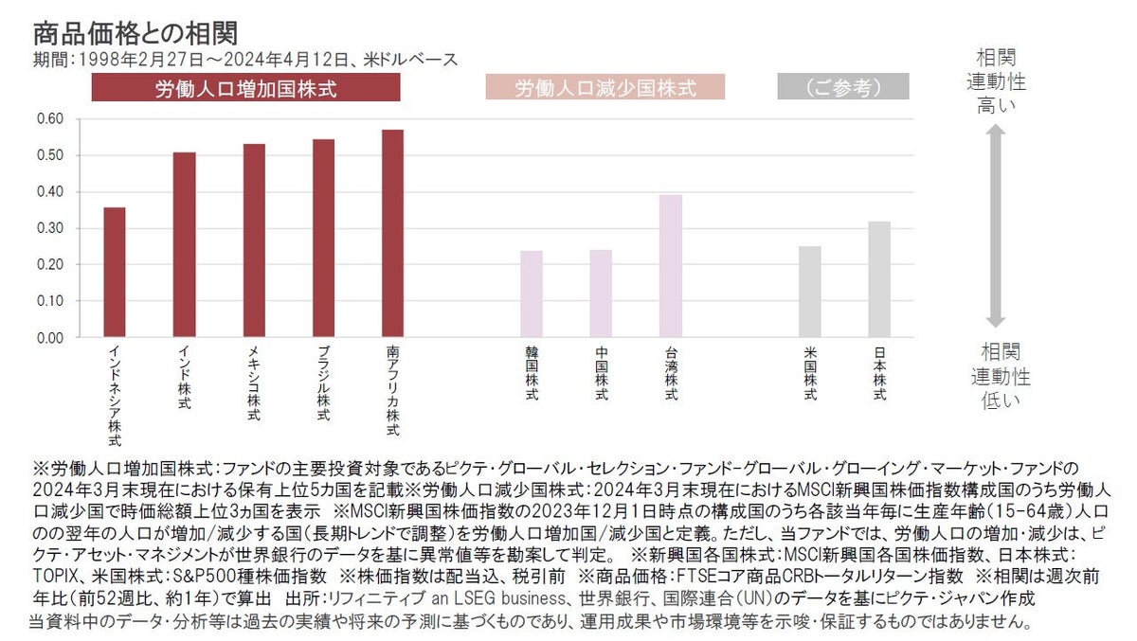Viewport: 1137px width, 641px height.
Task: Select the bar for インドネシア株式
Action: (114, 272)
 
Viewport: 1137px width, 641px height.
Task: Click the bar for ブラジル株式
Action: (323, 238)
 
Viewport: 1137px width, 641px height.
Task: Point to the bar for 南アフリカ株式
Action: (392, 233)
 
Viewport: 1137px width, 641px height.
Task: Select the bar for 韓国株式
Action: (532, 294)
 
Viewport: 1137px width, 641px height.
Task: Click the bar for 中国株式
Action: (602, 294)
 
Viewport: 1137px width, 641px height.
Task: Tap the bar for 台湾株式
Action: (671, 266)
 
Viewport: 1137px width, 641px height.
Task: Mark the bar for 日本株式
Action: (879, 279)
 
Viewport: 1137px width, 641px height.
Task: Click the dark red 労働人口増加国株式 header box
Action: (245, 89)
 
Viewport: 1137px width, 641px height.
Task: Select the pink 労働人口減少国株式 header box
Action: (605, 89)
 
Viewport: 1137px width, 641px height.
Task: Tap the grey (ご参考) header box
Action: (842, 89)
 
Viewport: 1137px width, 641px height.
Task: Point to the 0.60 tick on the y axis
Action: (49, 118)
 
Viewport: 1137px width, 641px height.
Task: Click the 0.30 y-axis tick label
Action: (49, 228)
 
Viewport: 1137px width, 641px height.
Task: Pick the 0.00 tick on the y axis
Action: (49, 337)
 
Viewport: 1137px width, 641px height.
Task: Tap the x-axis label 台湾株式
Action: (671, 374)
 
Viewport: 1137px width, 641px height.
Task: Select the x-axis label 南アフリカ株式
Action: (393, 391)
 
